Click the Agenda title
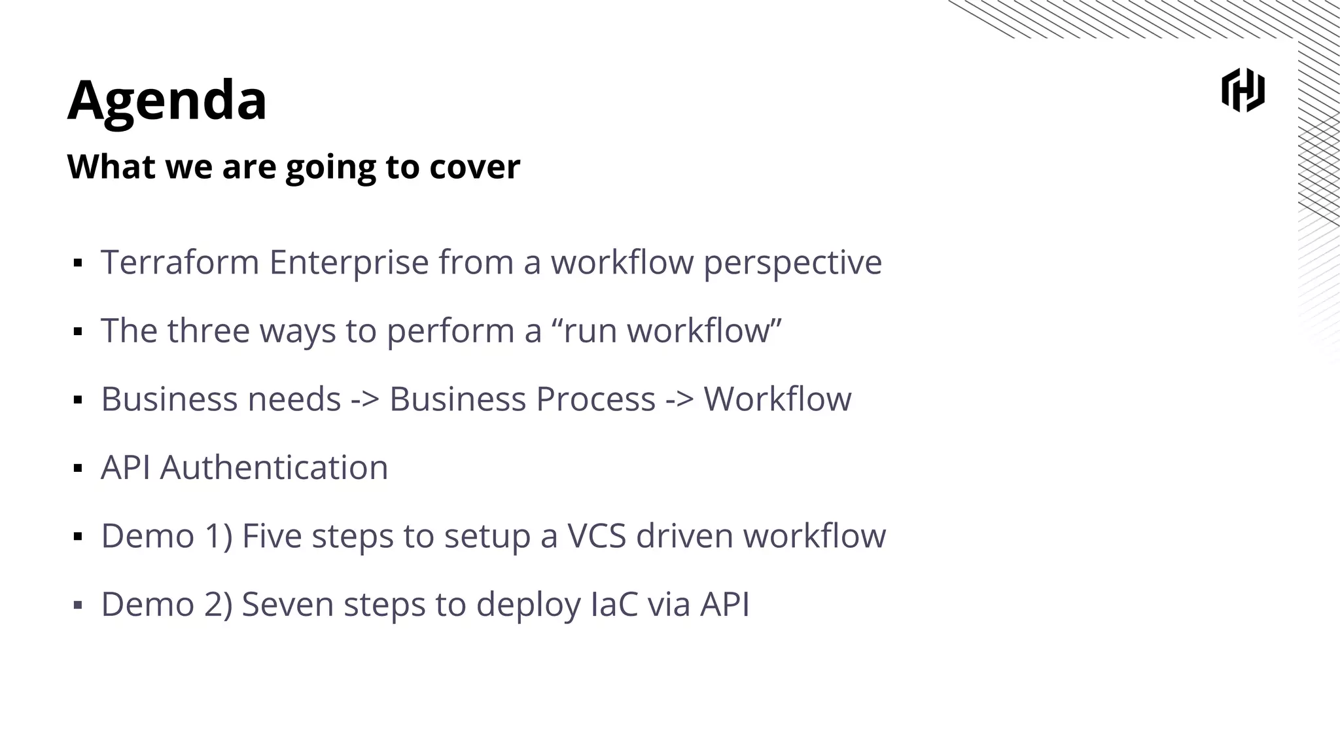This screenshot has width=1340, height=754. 167,100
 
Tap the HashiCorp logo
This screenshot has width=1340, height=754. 1243,90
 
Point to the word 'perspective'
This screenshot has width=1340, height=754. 792,262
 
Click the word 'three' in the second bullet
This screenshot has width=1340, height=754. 208,331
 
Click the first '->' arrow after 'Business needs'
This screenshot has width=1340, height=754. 365,399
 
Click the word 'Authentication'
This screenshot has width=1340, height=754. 273,468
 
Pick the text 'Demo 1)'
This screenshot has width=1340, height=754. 167,536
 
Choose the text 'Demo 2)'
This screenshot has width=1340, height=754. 167,604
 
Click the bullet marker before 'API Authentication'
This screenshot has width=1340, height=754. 78,469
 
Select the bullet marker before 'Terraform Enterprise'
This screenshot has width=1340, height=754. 78,263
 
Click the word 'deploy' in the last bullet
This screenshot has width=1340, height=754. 528,604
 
